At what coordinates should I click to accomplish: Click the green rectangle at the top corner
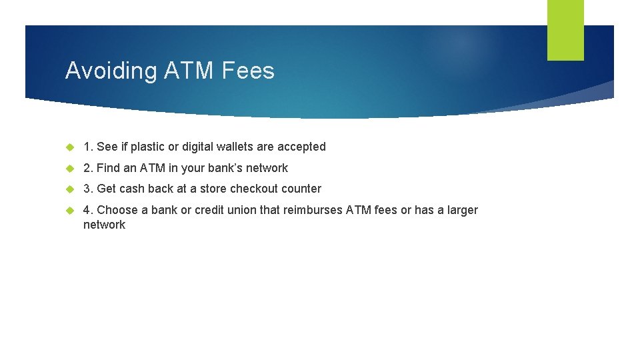pos(565,30)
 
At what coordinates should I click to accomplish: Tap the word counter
pos(303,189)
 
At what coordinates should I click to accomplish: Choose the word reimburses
pos(313,210)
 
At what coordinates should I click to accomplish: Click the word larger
pos(462,210)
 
